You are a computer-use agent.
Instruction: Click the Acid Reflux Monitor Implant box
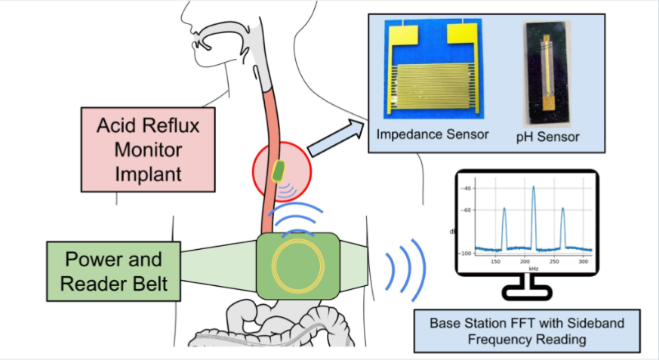coord(148,149)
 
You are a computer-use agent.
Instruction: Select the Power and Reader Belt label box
coord(113,272)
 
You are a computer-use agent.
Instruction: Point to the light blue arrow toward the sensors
coord(336,137)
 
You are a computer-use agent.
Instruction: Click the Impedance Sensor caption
coord(433,134)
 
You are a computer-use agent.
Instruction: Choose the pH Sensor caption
coord(547,137)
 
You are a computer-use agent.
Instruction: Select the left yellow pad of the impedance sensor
coord(403,35)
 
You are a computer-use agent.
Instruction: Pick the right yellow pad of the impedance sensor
coord(462,34)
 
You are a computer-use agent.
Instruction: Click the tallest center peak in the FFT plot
coord(534,187)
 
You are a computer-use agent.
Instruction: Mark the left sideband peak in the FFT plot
coord(504,209)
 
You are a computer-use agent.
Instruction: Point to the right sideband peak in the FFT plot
coord(563,209)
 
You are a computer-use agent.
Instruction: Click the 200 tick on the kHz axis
coord(525,262)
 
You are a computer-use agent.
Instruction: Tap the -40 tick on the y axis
coord(466,188)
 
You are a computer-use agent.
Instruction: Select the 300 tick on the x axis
coord(584,262)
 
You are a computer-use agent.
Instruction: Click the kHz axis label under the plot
coord(534,269)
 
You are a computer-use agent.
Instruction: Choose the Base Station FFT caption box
coord(527,331)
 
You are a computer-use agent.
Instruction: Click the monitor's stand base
coord(527,293)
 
